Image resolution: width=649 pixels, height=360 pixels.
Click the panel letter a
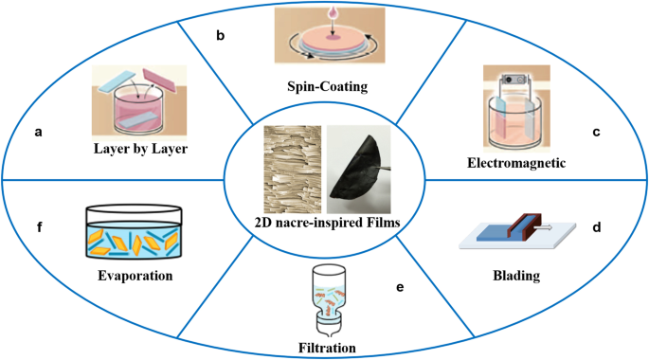click(38, 133)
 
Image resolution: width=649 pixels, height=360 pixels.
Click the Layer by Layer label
click(141, 148)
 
